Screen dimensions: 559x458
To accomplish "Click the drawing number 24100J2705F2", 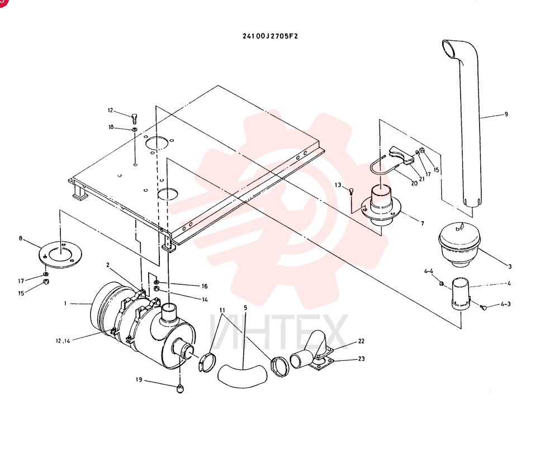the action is tap(270, 36).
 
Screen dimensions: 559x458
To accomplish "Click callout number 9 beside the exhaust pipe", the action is tap(506, 115).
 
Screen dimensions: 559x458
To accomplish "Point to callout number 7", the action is tap(423, 223).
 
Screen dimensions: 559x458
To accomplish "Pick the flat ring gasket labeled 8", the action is tap(60, 254).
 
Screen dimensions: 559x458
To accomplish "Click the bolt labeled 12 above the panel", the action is tap(134, 118).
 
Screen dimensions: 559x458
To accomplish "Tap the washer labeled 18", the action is tap(135, 129).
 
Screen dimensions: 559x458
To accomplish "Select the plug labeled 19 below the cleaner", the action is tap(180, 389).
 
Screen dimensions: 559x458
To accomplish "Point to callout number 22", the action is tap(361, 341).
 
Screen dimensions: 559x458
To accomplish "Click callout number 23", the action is tap(361, 359).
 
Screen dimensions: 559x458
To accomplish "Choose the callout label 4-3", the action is tap(505, 304).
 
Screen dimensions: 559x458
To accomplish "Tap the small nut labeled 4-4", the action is tap(442, 284).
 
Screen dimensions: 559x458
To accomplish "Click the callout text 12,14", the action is tap(63, 341).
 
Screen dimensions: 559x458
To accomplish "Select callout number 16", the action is tap(205, 287).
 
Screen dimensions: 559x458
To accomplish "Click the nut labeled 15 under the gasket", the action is tap(46, 282).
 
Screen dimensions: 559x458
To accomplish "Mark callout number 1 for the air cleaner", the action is tap(65, 303).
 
